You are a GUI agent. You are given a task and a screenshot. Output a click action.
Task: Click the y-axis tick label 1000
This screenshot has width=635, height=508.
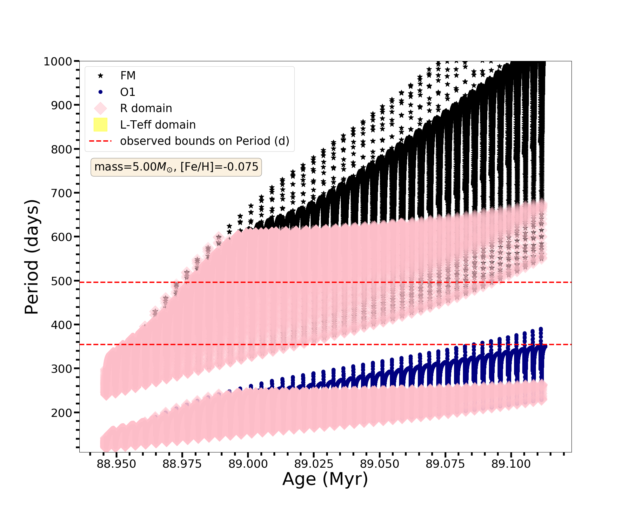point(57,62)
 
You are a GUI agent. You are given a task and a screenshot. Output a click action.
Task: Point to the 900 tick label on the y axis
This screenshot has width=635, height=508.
point(61,105)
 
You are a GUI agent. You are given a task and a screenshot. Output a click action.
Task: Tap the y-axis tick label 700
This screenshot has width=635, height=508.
point(61,193)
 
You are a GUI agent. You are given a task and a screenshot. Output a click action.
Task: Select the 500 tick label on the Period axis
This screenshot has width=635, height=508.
point(61,281)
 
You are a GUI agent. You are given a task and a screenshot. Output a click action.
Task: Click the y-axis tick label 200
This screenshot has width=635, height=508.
point(61,413)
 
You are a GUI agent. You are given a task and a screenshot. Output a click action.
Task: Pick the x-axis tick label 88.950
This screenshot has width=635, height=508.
point(116,464)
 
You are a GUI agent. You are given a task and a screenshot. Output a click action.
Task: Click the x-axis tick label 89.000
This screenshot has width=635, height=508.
point(248,464)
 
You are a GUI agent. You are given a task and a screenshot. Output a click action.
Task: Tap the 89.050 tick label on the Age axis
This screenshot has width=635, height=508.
point(379,464)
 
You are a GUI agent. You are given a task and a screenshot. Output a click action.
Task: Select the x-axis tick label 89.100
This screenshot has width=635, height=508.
point(511,464)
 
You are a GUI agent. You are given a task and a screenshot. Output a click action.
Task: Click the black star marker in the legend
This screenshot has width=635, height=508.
point(100,76)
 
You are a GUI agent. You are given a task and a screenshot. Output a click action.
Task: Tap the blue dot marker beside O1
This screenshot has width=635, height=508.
point(100,92)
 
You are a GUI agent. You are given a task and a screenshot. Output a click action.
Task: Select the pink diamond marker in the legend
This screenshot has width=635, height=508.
point(100,108)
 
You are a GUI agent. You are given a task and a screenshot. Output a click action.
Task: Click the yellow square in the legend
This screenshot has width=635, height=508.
point(100,125)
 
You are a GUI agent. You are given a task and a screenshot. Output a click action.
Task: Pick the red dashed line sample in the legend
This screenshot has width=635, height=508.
point(100,141)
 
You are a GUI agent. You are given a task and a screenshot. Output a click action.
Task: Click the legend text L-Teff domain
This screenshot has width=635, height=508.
point(158,125)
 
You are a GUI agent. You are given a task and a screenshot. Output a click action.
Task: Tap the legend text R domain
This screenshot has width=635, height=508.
point(146,108)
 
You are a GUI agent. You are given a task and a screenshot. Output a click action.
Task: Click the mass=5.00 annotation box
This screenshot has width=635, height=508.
point(176,167)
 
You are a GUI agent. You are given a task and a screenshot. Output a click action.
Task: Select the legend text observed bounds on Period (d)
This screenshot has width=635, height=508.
point(204,141)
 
